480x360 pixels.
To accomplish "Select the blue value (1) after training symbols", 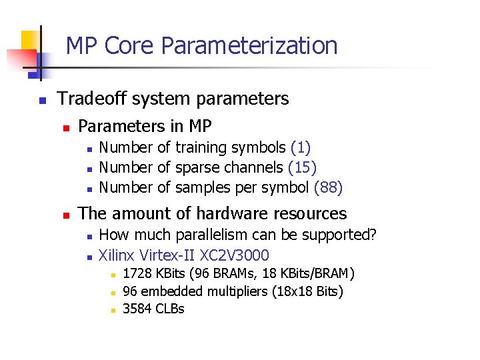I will pos(301,147).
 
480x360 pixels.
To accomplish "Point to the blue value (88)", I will pos(328,187).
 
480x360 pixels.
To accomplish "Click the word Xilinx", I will pos(116,255).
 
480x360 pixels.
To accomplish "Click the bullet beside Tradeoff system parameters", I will pos(41,100).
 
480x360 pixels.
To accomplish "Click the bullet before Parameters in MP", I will pos(65,127).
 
